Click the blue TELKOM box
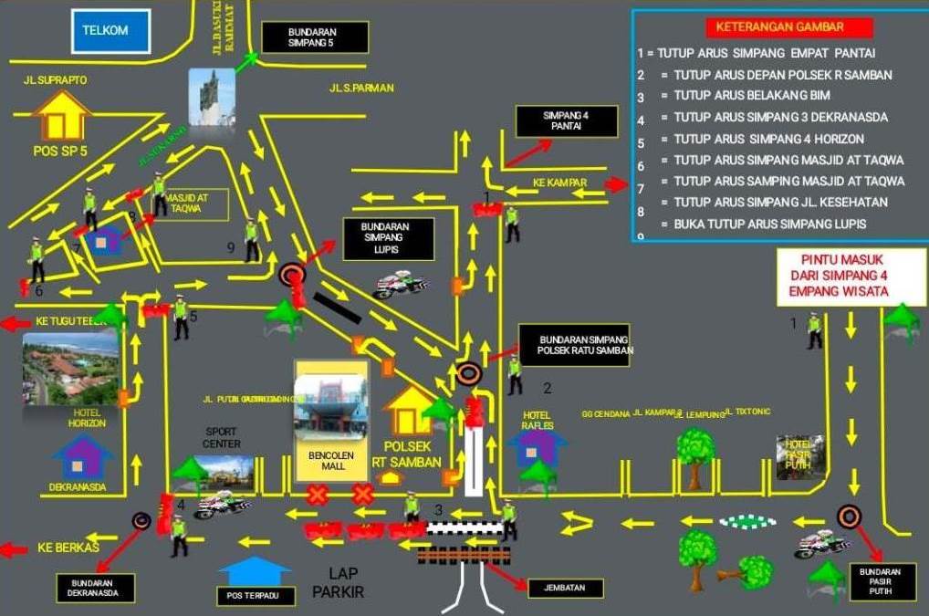click(105, 30)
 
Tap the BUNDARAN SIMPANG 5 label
click(315, 37)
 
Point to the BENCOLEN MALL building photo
click(331, 402)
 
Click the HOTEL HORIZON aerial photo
click(70, 367)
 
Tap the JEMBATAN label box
click(566, 588)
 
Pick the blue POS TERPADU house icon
click(255, 571)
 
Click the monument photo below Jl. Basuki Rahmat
click(212, 97)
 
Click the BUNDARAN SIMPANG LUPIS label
click(384, 237)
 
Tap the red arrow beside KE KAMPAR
click(616, 184)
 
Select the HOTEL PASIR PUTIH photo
click(800, 457)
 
